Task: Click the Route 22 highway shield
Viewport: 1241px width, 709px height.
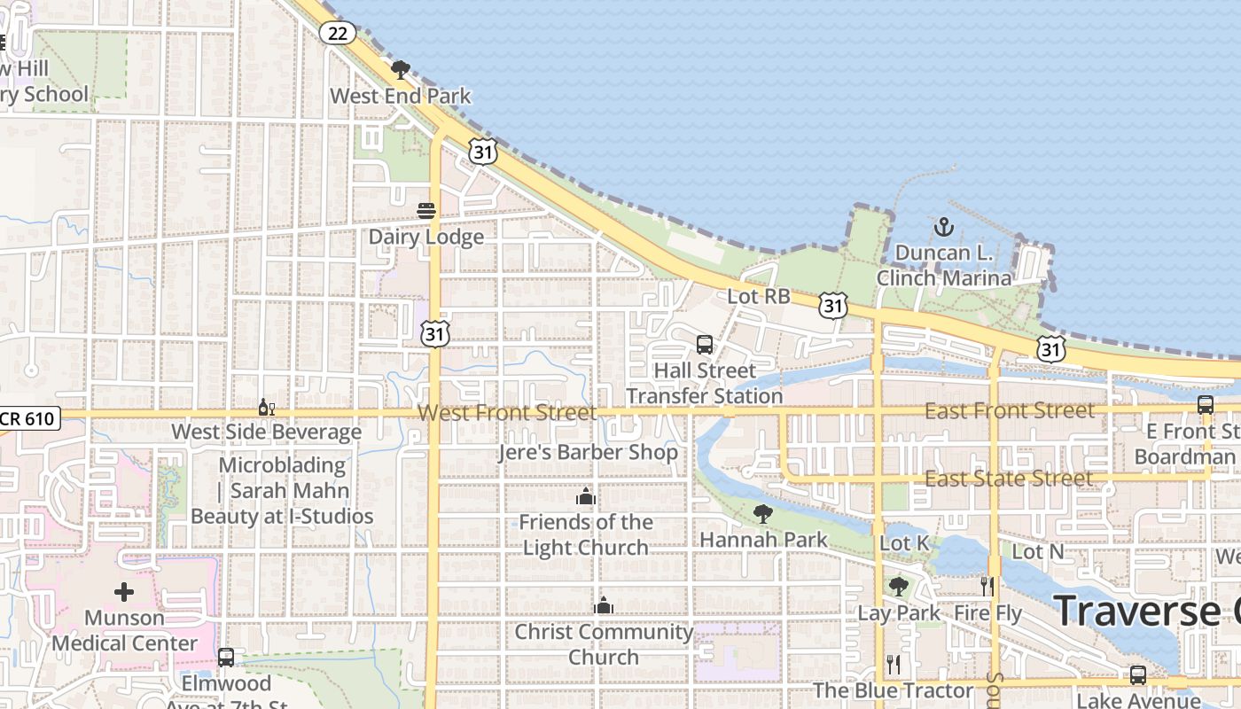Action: pos(338,34)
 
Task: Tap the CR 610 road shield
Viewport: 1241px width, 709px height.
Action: pos(29,419)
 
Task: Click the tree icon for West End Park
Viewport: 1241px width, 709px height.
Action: pos(401,70)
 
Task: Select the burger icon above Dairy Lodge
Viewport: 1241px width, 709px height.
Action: pos(426,211)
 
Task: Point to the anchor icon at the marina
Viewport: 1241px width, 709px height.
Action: pos(943,228)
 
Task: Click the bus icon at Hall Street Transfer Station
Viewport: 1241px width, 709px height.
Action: pos(705,345)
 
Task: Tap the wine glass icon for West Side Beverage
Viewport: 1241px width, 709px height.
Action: pos(266,407)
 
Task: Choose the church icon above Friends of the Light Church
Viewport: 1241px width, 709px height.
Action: pos(585,496)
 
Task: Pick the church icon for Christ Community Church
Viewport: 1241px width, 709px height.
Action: pos(604,606)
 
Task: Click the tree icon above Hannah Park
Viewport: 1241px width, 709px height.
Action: pos(762,514)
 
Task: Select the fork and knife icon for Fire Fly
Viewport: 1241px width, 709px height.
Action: pos(987,587)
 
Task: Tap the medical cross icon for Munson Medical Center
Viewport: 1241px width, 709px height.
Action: pos(124,591)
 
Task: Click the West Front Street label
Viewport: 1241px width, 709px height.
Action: pos(507,413)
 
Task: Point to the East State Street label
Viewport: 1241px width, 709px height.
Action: pos(1009,479)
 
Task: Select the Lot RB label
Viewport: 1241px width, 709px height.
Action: pos(759,297)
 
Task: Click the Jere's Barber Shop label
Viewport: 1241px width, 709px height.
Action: pos(588,452)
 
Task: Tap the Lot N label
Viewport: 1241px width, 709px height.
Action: pos(1037,551)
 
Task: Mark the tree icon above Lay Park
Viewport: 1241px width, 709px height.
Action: pos(899,587)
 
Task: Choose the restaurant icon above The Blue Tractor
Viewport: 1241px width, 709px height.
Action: pos(894,665)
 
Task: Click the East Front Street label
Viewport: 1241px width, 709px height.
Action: pos(1009,411)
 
